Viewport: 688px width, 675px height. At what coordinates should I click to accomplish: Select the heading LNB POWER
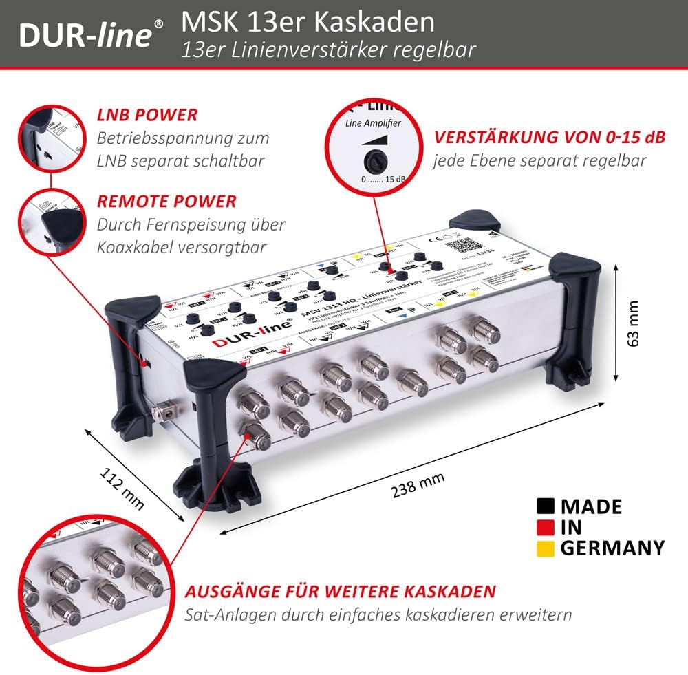pos(147,115)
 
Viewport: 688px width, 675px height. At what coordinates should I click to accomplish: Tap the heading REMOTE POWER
pos(166,201)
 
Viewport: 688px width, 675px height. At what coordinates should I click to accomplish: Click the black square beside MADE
pos(546,506)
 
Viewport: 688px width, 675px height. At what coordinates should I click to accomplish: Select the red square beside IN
pos(546,527)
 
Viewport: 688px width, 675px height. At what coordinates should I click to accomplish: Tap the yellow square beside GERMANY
pos(546,548)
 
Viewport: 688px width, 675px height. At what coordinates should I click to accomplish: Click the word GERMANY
pos(612,548)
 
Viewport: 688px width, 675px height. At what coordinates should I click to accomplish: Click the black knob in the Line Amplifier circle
pos(375,162)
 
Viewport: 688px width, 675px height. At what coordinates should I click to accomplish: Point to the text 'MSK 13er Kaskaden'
pos(308,22)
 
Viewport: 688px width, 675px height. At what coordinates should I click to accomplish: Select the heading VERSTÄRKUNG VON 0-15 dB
pos(549,137)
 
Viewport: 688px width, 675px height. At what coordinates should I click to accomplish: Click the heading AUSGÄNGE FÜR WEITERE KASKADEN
pos(340,591)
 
